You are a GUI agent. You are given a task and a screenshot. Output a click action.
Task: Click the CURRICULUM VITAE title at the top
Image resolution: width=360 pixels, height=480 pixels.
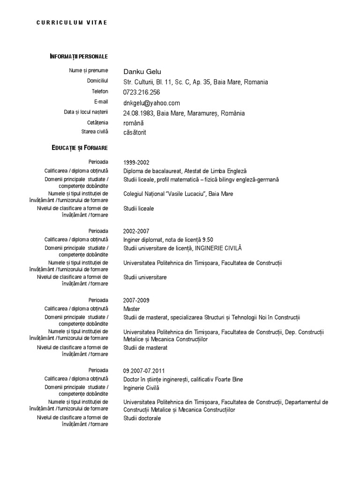[72, 22]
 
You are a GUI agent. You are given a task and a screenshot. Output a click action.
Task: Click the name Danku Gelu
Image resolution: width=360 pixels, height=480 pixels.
[142, 72]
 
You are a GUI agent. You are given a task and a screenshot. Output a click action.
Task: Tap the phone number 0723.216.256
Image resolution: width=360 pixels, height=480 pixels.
[142, 92]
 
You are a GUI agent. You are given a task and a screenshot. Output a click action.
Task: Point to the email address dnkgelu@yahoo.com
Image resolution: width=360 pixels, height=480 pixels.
[151, 103]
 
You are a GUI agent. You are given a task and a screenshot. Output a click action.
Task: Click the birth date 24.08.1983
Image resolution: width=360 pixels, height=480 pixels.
[138, 113]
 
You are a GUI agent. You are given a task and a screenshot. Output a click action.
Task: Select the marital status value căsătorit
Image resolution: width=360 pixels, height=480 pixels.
[135, 133]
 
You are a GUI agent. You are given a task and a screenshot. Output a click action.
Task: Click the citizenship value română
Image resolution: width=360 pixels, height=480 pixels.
[134, 123]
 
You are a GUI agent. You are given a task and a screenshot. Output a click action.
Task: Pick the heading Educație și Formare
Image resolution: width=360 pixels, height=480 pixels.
[80, 148]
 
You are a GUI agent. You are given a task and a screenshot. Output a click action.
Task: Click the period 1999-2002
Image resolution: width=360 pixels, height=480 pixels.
[136, 163]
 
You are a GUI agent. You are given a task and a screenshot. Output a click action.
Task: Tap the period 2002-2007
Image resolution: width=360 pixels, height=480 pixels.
[136, 231]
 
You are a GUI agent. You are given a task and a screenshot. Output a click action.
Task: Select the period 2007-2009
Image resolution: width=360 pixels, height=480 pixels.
[136, 300]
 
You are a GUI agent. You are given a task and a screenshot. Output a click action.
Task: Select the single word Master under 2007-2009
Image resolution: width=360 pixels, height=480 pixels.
[132, 309]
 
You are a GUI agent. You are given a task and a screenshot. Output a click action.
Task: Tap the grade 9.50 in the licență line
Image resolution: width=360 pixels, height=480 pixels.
[207, 240]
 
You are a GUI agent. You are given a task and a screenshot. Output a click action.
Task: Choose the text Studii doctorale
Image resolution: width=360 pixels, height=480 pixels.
[142, 418]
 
